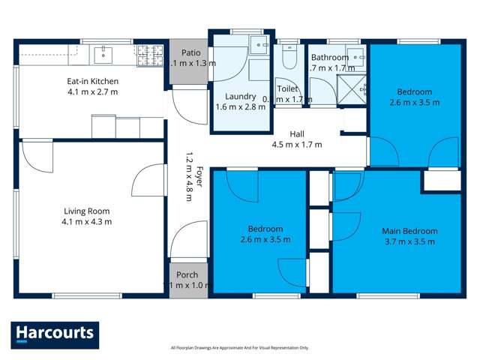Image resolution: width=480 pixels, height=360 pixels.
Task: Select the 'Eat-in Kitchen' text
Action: click(90, 81)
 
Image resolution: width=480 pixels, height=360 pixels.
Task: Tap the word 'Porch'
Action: click(186, 274)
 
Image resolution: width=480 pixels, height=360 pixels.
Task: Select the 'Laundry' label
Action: click(241, 96)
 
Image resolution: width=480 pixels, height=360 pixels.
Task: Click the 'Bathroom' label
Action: click(330, 58)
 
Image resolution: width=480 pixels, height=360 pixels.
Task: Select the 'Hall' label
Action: click(297, 133)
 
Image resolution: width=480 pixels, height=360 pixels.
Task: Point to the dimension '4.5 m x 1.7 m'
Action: click(296, 144)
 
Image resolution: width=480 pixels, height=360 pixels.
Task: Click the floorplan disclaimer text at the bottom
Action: click(239, 347)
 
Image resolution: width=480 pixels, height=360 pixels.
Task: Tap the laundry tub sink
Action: click(259, 45)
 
